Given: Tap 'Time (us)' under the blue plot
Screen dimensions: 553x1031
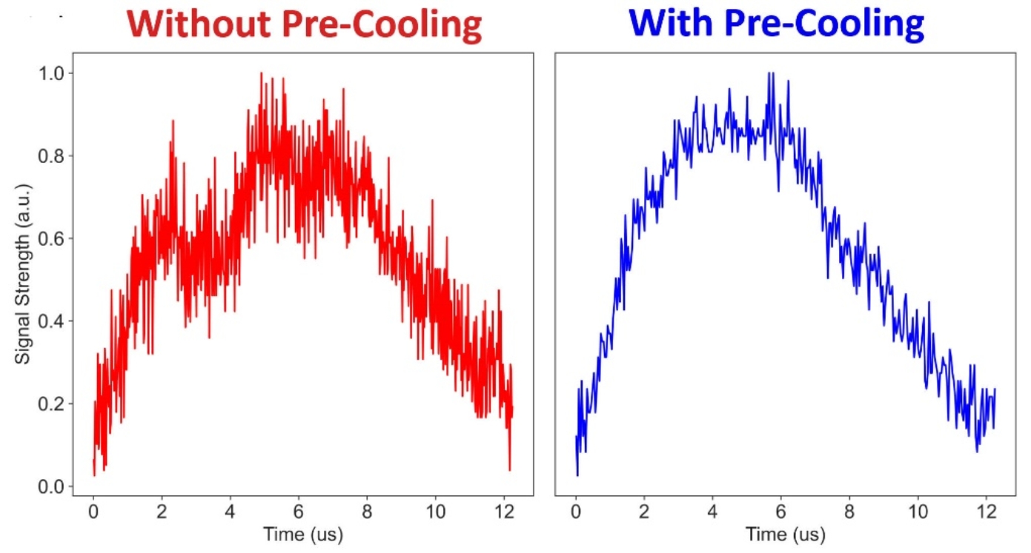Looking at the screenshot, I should [x=785, y=534].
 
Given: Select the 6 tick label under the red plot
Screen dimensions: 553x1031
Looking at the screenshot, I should [x=299, y=512].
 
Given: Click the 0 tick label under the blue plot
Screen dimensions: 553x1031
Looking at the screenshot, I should [x=575, y=512].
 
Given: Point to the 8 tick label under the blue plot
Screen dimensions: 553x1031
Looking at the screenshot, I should [x=849, y=512].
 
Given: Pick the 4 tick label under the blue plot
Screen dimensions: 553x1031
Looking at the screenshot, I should [x=712, y=512].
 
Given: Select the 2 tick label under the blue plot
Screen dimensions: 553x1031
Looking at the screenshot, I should [x=644, y=512].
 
